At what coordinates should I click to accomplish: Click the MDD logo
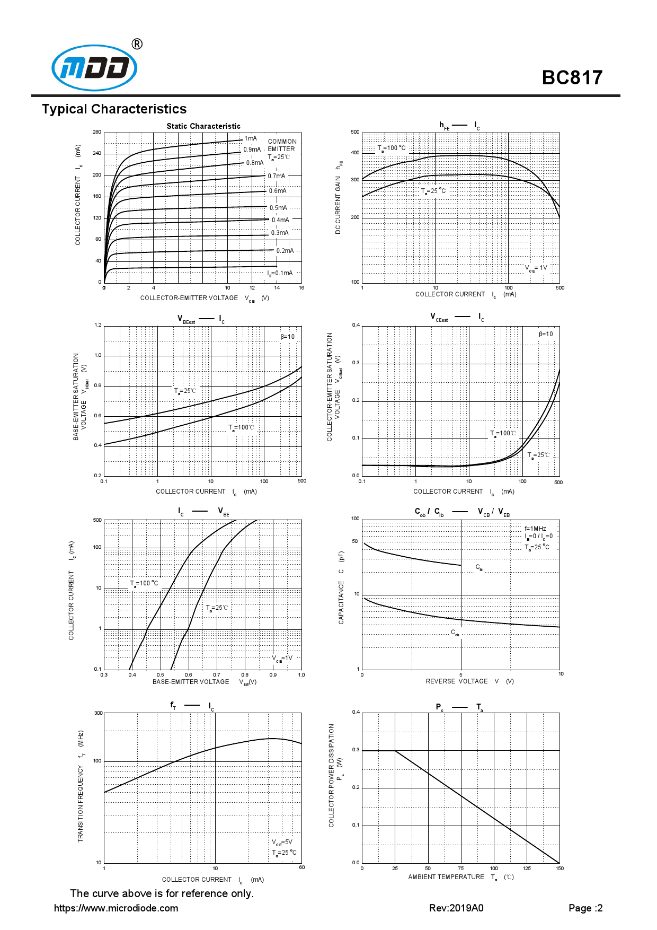pyautogui.click(x=94, y=67)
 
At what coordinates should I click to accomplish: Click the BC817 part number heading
pyautogui.click(x=572, y=78)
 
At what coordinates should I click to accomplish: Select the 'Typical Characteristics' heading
pyautogui.click(x=114, y=109)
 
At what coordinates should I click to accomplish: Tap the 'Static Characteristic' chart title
pyautogui.click(x=203, y=126)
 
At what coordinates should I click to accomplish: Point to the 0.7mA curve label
pyautogui.click(x=276, y=176)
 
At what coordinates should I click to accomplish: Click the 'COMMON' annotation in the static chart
pyautogui.click(x=282, y=142)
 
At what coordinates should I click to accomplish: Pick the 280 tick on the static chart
pyautogui.click(x=97, y=132)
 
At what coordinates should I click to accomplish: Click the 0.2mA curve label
pyautogui.click(x=285, y=251)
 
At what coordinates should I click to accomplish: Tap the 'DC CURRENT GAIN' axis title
pyautogui.click(x=338, y=205)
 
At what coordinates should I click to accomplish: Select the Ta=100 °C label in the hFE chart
pyautogui.click(x=392, y=148)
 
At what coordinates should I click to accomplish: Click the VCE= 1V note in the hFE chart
pyautogui.click(x=536, y=268)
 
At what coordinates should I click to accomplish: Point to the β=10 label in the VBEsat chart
pyautogui.click(x=288, y=337)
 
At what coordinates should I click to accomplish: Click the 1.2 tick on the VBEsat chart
pyautogui.click(x=98, y=325)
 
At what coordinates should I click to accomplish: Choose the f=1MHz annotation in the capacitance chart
pyautogui.click(x=535, y=529)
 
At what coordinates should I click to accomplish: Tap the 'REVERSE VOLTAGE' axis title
pyautogui.click(x=457, y=681)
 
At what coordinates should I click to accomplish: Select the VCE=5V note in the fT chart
pyautogui.click(x=282, y=842)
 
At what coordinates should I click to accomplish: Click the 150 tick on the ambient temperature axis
pyautogui.click(x=560, y=868)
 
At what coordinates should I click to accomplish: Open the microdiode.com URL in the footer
pyautogui.click(x=116, y=908)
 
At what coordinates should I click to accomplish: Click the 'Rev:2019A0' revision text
pyautogui.click(x=456, y=908)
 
